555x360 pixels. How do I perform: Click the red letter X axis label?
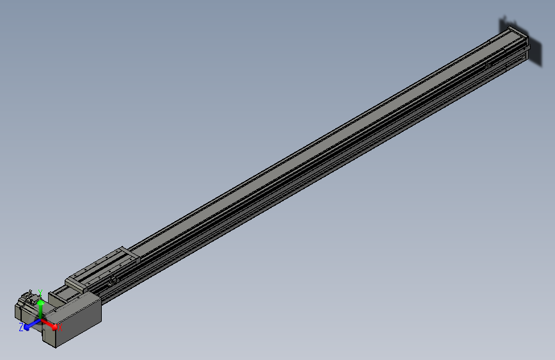coord(61,328)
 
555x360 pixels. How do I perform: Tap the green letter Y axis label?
coord(40,292)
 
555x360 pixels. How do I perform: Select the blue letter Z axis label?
coord(21,327)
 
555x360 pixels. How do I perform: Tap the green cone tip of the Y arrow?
coord(40,301)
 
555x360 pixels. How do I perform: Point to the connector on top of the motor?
coord(29,296)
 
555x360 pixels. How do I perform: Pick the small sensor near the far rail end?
coord(487,65)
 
